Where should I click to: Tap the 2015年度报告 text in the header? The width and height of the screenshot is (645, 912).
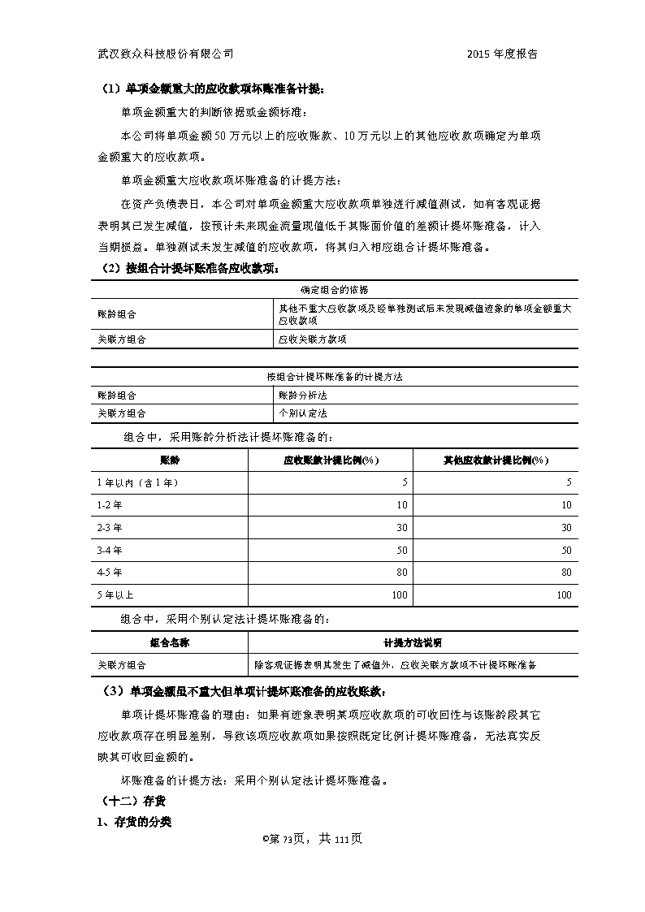[x=502, y=54]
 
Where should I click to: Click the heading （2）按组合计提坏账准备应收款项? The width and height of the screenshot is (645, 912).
[x=191, y=268]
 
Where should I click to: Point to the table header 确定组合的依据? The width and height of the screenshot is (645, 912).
[x=335, y=288]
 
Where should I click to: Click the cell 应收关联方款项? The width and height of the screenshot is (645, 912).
[x=312, y=339]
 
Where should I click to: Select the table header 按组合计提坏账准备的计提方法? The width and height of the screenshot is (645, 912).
[x=335, y=378]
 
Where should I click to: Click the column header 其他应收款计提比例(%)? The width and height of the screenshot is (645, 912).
[x=496, y=460]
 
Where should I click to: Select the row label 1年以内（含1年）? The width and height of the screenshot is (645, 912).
[x=137, y=482]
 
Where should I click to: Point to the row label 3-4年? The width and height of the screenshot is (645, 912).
[x=110, y=550]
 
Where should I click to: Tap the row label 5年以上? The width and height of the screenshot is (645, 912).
[x=115, y=594]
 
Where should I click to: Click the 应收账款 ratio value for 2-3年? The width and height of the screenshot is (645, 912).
[x=400, y=527]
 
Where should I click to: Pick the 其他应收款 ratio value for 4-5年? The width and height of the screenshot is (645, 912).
[x=565, y=573]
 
